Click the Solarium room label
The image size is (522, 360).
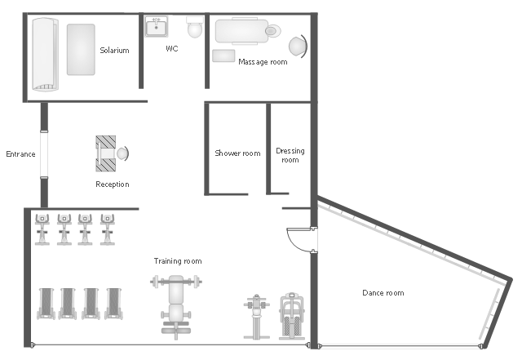[114, 51]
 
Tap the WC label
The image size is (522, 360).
[172, 49]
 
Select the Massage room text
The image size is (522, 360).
[263, 62]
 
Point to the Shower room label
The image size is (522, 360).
[237, 153]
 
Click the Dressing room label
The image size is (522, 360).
[290, 155]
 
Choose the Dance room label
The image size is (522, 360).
[383, 293]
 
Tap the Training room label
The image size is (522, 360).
[178, 261]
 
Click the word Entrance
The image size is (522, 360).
[20, 154]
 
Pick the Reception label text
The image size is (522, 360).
[113, 184]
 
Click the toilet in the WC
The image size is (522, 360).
[195, 27]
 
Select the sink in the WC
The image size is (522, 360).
[156, 27]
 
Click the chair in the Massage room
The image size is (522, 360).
[298, 47]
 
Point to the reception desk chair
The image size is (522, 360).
[122, 153]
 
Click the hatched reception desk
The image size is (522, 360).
[105, 153]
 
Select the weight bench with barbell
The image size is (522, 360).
[176, 307]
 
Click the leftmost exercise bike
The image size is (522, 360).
[42, 229]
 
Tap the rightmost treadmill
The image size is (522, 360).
[114, 304]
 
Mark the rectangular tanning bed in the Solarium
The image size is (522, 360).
[81, 49]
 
